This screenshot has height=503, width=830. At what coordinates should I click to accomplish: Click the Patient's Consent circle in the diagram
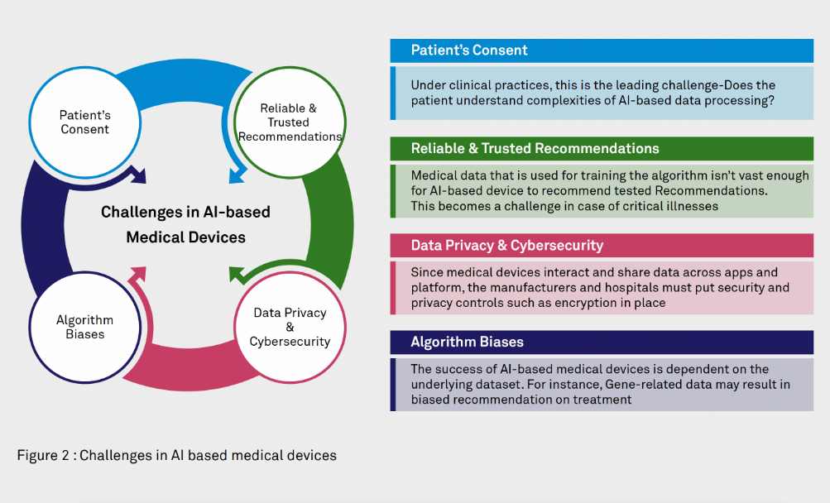coord(84,122)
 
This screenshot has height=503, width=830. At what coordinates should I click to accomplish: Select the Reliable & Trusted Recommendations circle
coord(288,122)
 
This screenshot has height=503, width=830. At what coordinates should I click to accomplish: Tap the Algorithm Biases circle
coord(84,327)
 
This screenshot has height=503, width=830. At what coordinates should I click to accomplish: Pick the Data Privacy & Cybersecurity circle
coord(289,327)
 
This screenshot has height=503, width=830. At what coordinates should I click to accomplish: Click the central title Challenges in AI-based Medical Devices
coord(185,224)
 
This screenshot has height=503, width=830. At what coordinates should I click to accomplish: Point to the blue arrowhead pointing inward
coord(237,175)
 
